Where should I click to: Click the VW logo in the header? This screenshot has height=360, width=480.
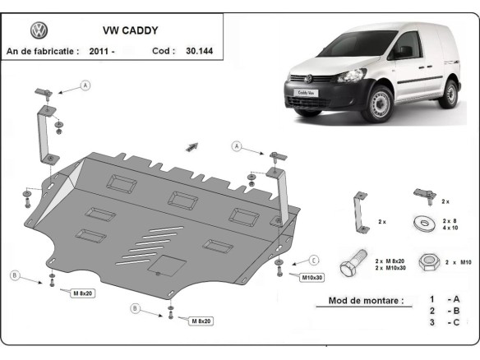pos(39,30)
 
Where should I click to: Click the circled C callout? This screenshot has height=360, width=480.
pos(314,260)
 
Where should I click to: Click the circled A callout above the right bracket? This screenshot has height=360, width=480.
pos(237,146)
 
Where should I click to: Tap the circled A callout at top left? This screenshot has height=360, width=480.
pos(85,85)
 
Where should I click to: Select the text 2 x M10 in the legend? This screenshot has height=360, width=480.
pos(458,261)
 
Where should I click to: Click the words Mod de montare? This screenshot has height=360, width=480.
pos(365,301)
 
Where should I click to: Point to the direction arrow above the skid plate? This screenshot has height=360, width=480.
pos(192,146)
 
